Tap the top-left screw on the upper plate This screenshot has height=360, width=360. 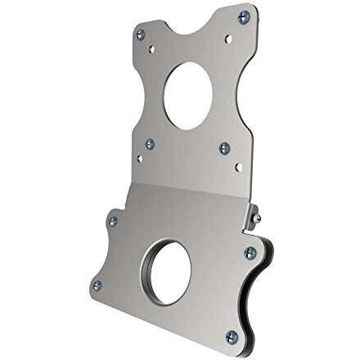point(140,34)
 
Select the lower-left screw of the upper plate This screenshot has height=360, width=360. point(150,144)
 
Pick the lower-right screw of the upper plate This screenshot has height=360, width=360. point(224,148)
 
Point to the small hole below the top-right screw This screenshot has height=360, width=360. point(229,38)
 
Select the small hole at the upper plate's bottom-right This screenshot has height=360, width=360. point(237,169)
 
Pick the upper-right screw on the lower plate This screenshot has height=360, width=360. point(249,252)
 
